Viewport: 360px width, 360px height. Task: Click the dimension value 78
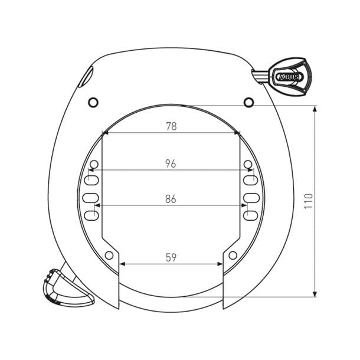(171, 126)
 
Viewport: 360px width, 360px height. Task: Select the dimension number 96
(171, 163)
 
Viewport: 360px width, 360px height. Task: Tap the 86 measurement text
(171, 199)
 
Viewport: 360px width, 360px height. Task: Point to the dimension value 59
(171, 257)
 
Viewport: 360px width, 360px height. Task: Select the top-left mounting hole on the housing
(93, 103)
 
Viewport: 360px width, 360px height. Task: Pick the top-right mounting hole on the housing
(248, 103)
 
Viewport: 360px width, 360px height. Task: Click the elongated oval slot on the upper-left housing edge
(88, 76)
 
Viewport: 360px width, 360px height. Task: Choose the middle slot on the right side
(251, 197)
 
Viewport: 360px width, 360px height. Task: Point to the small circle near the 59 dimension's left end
(109, 255)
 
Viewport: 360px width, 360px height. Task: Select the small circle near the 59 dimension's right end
(233, 255)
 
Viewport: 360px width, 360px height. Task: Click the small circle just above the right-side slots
(248, 163)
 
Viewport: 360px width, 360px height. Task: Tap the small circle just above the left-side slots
(94, 163)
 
